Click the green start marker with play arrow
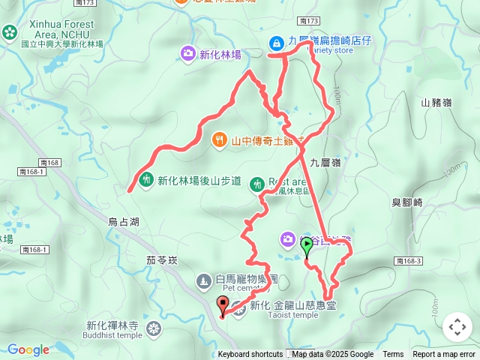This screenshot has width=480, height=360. click(x=307, y=244)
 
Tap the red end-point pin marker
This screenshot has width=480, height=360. click(x=222, y=304)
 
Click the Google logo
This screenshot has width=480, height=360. click(x=28, y=349)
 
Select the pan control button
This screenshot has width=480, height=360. click(x=457, y=327)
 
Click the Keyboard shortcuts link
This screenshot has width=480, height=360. click(x=250, y=355)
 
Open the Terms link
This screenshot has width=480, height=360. click(x=393, y=355)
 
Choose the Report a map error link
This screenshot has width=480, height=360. click(x=444, y=355)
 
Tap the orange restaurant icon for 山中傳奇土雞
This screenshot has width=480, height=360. click(x=219, y=139)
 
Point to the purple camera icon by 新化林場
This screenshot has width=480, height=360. click(x=187, y=53)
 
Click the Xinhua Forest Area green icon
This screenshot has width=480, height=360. click(x=9, y=32)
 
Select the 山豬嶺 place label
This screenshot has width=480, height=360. click(x=436, y=103)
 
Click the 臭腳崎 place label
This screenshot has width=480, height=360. click(x=407, y=202)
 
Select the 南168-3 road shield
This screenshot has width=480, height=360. click(x=408, y=260)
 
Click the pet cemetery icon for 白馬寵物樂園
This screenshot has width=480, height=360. click(x=203, y=281)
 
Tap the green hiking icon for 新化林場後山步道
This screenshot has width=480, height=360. click(x=145, y=180)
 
